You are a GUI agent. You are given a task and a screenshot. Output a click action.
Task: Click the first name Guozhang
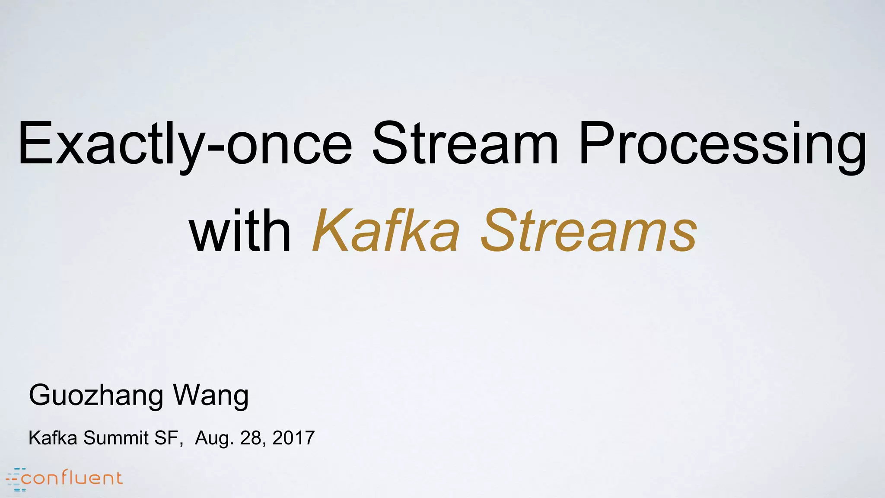pyautogui.click(x=96, y=396)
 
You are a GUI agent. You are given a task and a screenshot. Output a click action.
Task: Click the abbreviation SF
pyautogui.click(x=166, y=438)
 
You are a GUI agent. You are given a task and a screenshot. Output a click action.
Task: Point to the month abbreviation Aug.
pyautogui.click(x=214, y=438)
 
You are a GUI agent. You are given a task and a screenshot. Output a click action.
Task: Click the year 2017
pyautogui.click(x=293, y=438)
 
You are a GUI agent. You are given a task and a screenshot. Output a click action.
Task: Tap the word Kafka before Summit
pyautogui.click(x=53, y=438)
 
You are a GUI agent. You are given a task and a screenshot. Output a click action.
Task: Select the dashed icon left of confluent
pyautogui.click(x=16, y=479)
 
